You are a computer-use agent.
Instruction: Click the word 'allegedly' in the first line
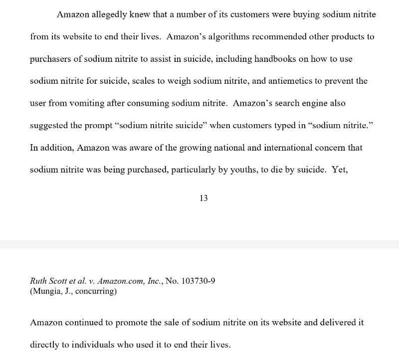[x=107, y=14]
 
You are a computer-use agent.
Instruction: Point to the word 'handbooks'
[x=274, y=59]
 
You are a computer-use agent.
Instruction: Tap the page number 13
[x=203, y=198]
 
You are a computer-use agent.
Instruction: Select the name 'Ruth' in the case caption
[x=40, y=281]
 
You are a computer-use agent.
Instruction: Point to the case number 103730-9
[x=198, y=281]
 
